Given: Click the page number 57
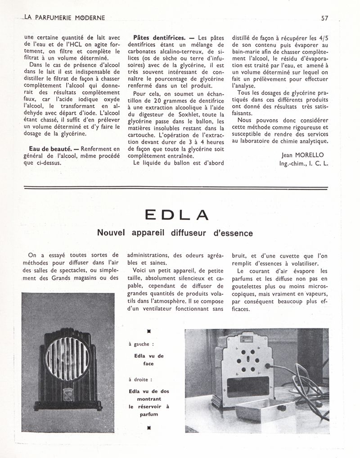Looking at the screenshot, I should [324, 18].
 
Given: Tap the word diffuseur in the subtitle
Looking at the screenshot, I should [178, 233].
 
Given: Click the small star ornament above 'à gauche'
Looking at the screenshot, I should [148, 331].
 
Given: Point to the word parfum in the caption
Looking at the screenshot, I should [149, 414].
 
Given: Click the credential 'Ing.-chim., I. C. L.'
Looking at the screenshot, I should [304, 163].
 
